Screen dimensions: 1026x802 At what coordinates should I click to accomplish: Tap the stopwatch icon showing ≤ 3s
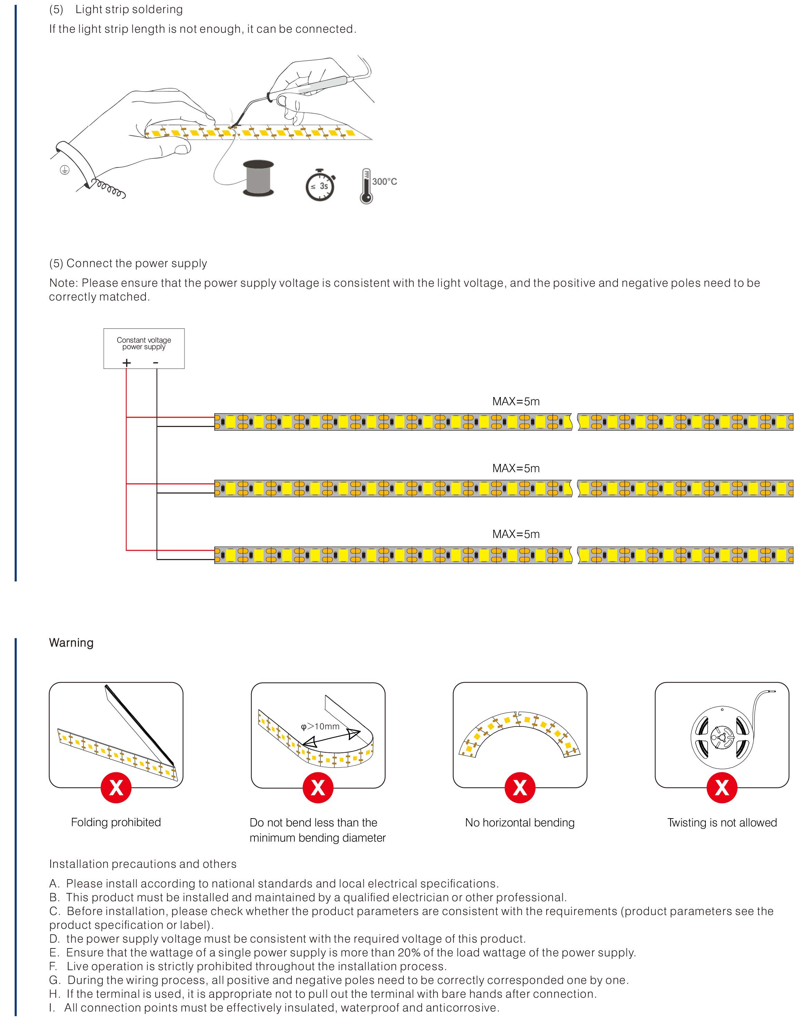[x=320, y=185]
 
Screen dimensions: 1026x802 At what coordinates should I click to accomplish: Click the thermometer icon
[x=366, y=186]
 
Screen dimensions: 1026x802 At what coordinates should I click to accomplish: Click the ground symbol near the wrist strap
[x=65, y=170]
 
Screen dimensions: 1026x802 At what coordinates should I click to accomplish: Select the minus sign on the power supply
[x=156, y=363]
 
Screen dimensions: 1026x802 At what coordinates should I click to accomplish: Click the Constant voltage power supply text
[x=144, y=343]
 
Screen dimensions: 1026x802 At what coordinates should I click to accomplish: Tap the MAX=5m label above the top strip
[x=516, y=402]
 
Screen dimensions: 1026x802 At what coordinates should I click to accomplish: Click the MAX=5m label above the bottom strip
[x=516, y=534]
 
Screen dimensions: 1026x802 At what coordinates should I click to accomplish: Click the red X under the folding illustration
[x=116, y=788]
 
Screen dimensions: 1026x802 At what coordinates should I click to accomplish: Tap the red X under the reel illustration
[x=722, y=788]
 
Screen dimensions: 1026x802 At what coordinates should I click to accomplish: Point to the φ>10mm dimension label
[x=320, y=726]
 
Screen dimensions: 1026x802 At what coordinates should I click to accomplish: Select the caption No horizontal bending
[x=520, y=823]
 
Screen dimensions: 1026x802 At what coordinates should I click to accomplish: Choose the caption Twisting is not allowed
[x=722, y=823]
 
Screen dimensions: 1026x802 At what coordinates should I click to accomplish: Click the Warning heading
[x=71, y=643]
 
